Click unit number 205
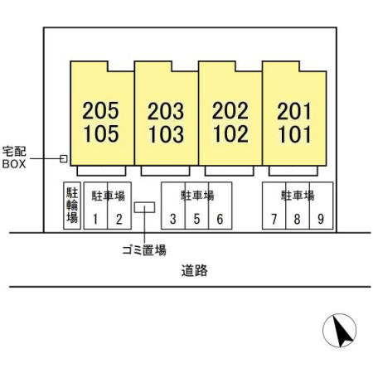[x=101, y=110]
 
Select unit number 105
[x=101, y=133]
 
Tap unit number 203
[x=166, y=111]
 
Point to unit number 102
[x=231, y=133]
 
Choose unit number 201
[x=294, y=111]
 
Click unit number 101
[x=295, y=134]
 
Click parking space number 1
[x=95, y=219]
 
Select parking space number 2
[x=119, y=219]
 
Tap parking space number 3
[x=173, y=219]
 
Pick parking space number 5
[x=196, y=219]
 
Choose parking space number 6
[x=220, y=219]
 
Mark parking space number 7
[x=274, y=219]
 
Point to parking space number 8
[x=298, y=219]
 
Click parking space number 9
[x=321, y=219]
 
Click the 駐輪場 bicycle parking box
[x=72, y=206]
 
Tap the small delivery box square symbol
[x=64, y=158]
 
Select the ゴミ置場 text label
[x=144, y=250]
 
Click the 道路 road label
[x=195, y=270]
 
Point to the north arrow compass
[x=340, y=331]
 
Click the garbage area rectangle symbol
[x=144, y=207]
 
